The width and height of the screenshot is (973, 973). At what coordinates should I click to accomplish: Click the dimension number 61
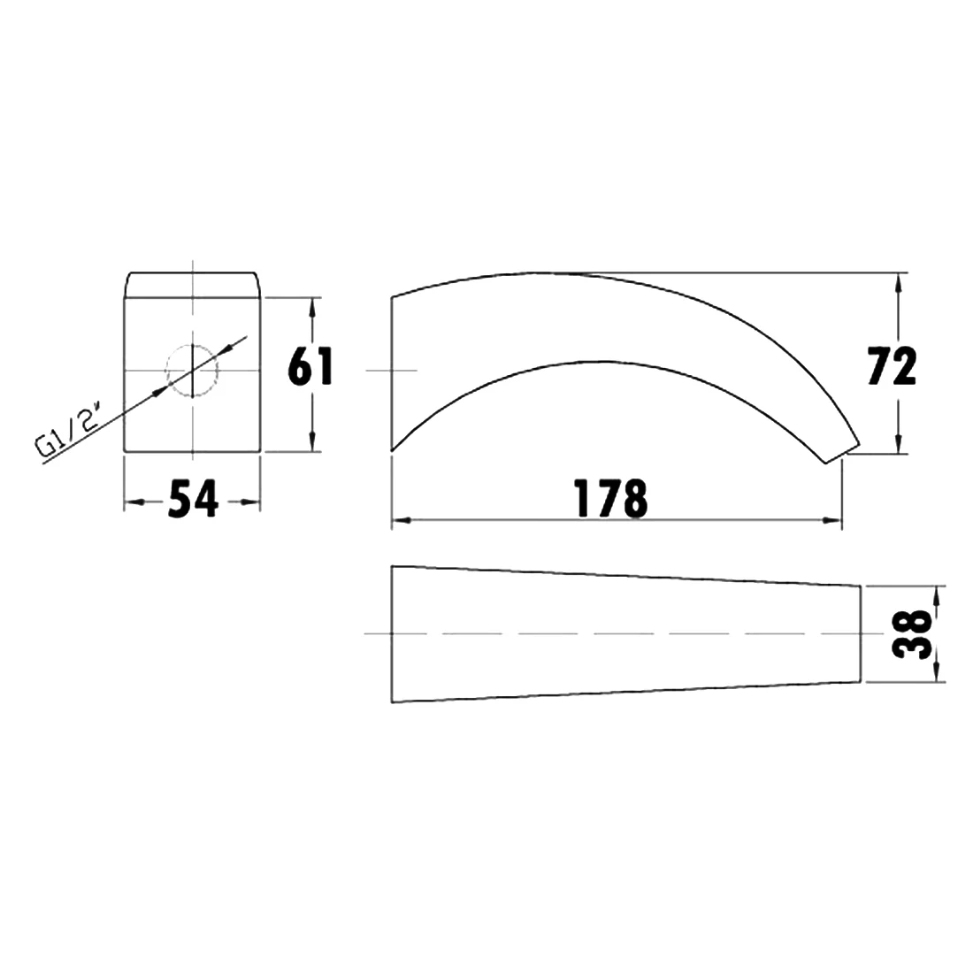pos(310,366)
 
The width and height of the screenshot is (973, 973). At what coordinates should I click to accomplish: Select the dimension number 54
pos(193,499)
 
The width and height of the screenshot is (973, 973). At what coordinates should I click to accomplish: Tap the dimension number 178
pos(611,499)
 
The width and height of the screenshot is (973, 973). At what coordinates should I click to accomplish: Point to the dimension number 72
pos(892,366)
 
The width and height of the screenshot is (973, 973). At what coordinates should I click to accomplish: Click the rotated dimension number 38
pos(912,633)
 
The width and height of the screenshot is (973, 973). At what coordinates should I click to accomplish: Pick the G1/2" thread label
pos(67,430)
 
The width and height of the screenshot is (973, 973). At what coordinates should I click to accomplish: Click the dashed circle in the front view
pos(192,371)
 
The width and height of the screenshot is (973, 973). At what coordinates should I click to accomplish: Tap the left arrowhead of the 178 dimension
pos(402,521)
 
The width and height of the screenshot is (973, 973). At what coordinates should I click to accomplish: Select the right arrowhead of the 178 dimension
pos(831,521)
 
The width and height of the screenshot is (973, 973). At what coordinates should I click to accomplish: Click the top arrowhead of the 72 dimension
pos(898,284)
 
